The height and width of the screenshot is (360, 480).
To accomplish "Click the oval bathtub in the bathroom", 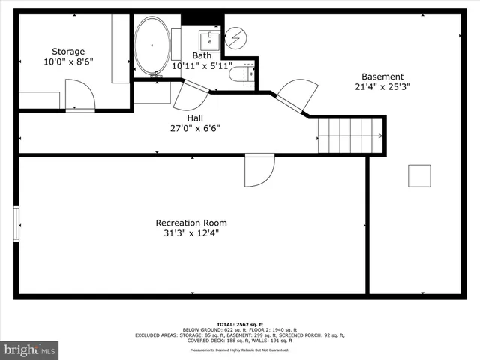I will (152, 46).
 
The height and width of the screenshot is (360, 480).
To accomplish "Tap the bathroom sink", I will (209, 38).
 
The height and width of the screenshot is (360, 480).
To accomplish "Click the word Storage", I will (68, 52).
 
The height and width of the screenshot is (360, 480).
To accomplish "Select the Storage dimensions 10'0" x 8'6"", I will (68, 62).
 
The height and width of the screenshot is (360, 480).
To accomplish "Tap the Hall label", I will (194, 118).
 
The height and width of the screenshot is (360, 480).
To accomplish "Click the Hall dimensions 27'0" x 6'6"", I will (194, 128).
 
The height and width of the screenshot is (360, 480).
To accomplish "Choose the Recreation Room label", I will (191, 223).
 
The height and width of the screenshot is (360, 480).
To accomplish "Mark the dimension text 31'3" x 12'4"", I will (191, 233).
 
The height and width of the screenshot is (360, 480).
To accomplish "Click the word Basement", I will (382, 76).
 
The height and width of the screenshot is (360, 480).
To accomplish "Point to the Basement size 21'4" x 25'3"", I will (382, 87).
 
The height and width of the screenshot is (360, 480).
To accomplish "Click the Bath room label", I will (202, 55).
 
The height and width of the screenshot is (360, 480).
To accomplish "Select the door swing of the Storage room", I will (80, 96).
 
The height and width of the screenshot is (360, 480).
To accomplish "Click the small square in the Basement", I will (419, 175).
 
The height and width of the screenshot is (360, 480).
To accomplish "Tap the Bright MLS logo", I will (30, 349).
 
